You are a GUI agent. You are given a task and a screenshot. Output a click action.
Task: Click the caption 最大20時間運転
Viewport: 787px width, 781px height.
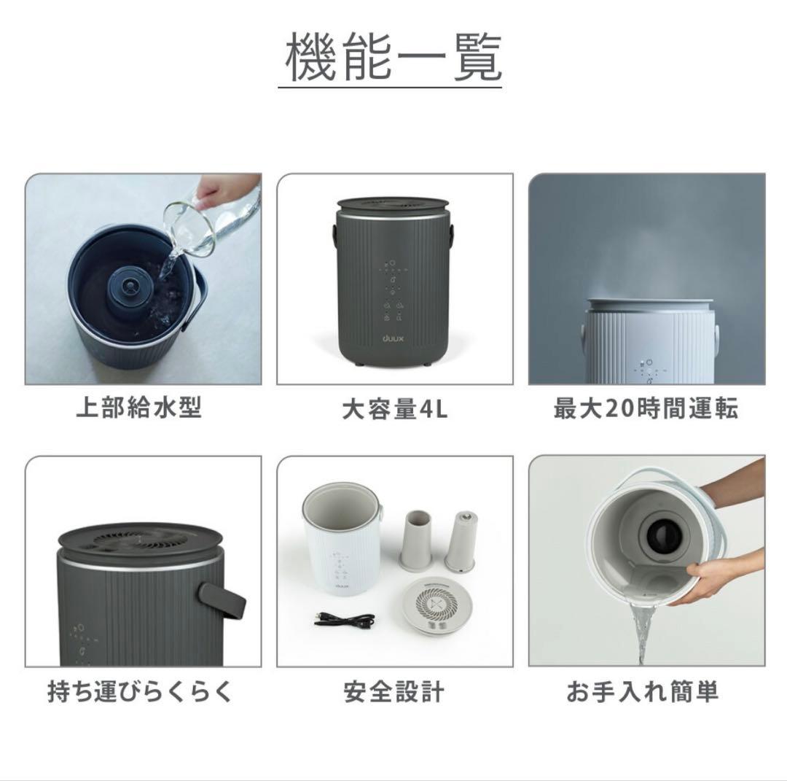point(646,409)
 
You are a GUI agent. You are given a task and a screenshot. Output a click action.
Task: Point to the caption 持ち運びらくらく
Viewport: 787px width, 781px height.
point(140,691)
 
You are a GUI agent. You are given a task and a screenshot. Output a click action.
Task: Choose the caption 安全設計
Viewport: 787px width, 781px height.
point(394,691)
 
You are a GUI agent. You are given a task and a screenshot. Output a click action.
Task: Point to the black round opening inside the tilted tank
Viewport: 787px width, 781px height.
point(662,537)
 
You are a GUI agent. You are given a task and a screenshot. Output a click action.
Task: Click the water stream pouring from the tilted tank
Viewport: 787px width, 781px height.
point(641,633)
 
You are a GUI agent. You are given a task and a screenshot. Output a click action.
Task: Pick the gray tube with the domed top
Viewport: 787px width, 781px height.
point(461,540)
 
